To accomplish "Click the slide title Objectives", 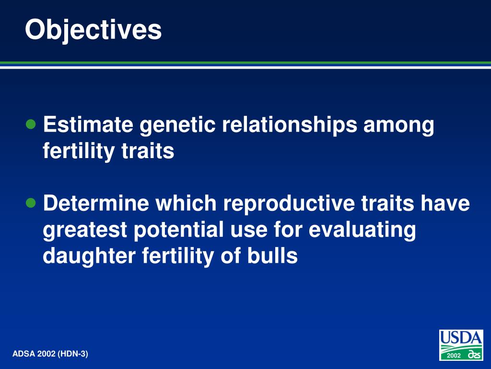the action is point(94,30).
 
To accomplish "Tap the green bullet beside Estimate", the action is point(31,124).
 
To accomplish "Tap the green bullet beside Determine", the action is point(31,203).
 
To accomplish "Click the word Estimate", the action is point(88,124).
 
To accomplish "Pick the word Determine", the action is point(96,203).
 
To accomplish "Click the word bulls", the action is point(272,255).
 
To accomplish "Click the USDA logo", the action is point(461,345).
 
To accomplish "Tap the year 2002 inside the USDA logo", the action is point(454,356).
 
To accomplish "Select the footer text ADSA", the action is point(24,354).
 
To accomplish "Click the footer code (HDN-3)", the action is point(73,354).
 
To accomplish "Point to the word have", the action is point(445,203).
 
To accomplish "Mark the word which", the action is point(186,203).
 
